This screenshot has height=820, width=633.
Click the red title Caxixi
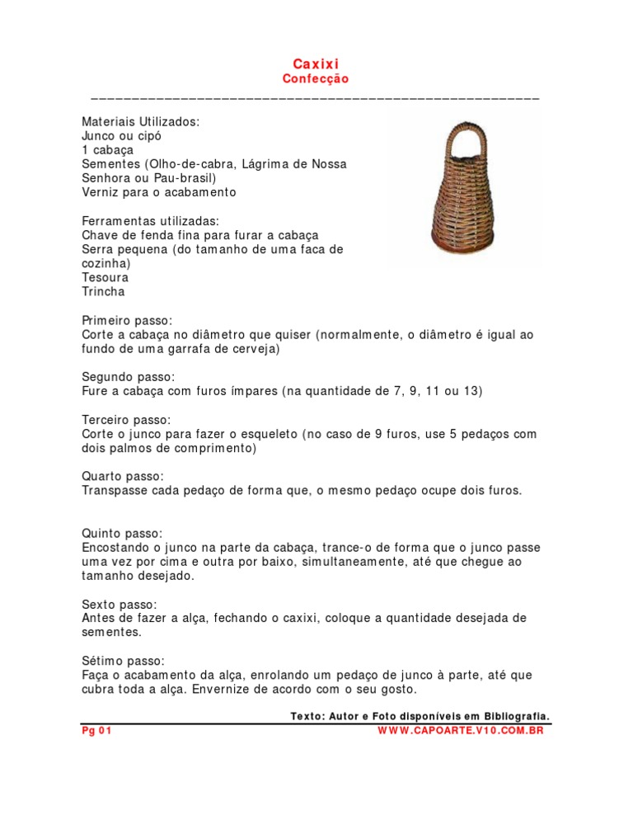coord(316,64)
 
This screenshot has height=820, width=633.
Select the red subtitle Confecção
coord(316,79)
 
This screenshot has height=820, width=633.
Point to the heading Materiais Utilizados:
coord(140,121)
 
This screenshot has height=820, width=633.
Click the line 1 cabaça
coord(108,150)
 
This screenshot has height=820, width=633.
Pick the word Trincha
coord(103,291)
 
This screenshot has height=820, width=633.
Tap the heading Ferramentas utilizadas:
coord(150,221)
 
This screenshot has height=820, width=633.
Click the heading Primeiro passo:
coord(128,320)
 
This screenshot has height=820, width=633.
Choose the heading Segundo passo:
coord(129,377)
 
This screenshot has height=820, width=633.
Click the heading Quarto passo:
coord(123,477)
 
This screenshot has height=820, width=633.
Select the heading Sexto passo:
coord(120,604)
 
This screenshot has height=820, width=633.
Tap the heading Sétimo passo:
coord(123,661)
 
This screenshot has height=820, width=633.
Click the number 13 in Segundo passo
coord(472,391)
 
